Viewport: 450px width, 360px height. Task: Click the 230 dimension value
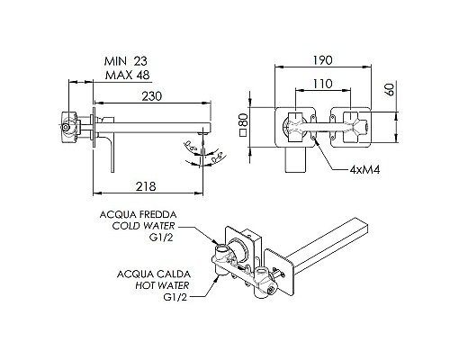click(152, 96)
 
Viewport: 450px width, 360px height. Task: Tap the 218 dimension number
click(146, 186)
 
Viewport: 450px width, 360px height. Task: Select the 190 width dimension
click(323, 60)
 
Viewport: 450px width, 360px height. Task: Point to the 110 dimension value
click(322, 84)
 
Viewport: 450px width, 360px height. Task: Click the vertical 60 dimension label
click(390, 89)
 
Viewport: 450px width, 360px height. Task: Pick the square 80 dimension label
click(244, 124)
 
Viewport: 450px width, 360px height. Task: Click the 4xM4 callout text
click(364, 170)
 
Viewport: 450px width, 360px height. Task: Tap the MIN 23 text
click(126, 61)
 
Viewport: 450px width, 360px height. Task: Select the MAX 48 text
click(127, 75)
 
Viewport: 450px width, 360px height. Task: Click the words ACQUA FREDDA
click(138, 215)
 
